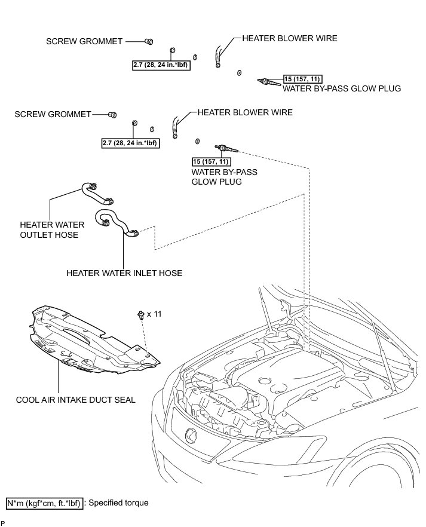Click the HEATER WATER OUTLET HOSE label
click(x=52, y=229)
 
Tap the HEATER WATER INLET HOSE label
click(x=124, y=273)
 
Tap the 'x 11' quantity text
click(x=154, y=314)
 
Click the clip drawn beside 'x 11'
click(x=140, y=314)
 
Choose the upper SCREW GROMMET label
click(x=84, y=41)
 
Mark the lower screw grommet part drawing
click(x=112, y=114)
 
